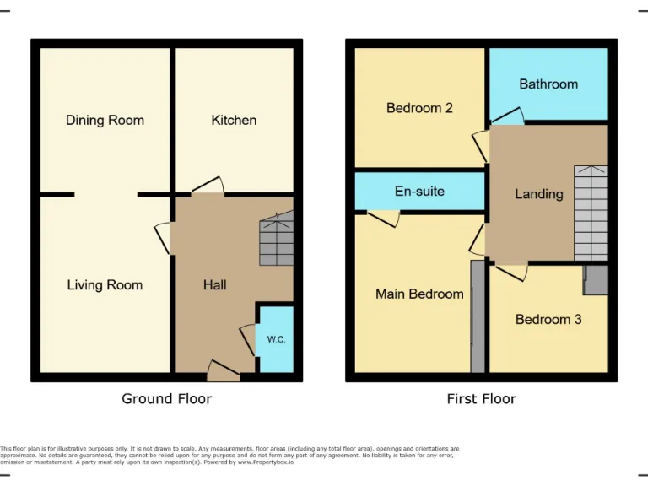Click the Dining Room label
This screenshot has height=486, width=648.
point(105,120)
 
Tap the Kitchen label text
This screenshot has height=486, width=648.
point(234,120)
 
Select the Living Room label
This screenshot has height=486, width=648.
point(105,285)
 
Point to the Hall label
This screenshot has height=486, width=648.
point(214,285)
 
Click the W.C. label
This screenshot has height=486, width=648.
point(276,340)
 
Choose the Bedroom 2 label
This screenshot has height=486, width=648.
point(419,108)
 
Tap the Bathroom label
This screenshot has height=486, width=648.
point(548,84)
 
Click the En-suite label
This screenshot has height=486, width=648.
point(419,192)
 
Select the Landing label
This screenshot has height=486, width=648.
point(539,194)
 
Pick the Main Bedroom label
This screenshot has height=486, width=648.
point(419,294)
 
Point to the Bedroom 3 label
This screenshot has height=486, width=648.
point(548,320)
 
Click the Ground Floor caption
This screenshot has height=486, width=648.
point(167,398)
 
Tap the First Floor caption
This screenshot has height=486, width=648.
point(481,398)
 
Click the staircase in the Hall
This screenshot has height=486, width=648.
point(276,240)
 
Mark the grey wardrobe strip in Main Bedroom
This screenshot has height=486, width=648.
point(478,316)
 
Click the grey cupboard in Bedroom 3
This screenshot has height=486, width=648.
point(596,280)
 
